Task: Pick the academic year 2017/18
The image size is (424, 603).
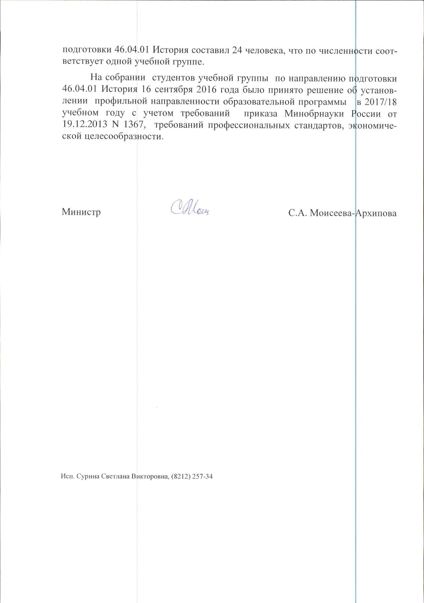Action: [380, 102]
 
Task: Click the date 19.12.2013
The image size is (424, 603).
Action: [84, 125]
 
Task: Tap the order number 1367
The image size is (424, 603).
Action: [134, 125]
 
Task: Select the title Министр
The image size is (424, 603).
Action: [81, 212]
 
